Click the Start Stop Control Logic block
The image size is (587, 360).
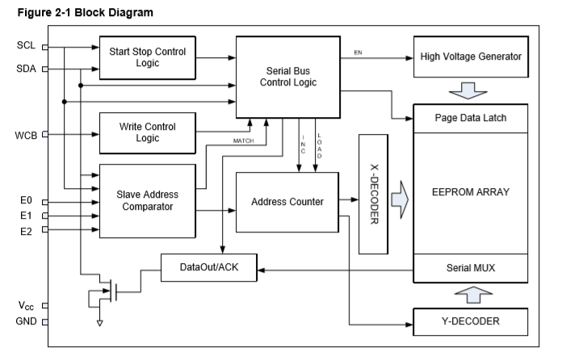pos(147,57)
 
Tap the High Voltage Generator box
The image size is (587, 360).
pos(471,57)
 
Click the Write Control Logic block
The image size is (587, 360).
pos(147,132)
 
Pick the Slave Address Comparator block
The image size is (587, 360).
pos(147,200)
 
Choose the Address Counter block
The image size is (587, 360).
pos(287,201)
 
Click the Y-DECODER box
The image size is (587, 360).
pos(471,321)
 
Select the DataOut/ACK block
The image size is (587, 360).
pos(210,268)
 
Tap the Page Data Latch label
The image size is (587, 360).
pos(471,119)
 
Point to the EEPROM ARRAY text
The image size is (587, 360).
pos(471,192)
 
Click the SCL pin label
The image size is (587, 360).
pos(24,45)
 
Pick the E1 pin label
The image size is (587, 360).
pos(25,216)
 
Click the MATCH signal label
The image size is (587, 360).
pos(244,141)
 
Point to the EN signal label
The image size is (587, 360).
pos(358,52)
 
